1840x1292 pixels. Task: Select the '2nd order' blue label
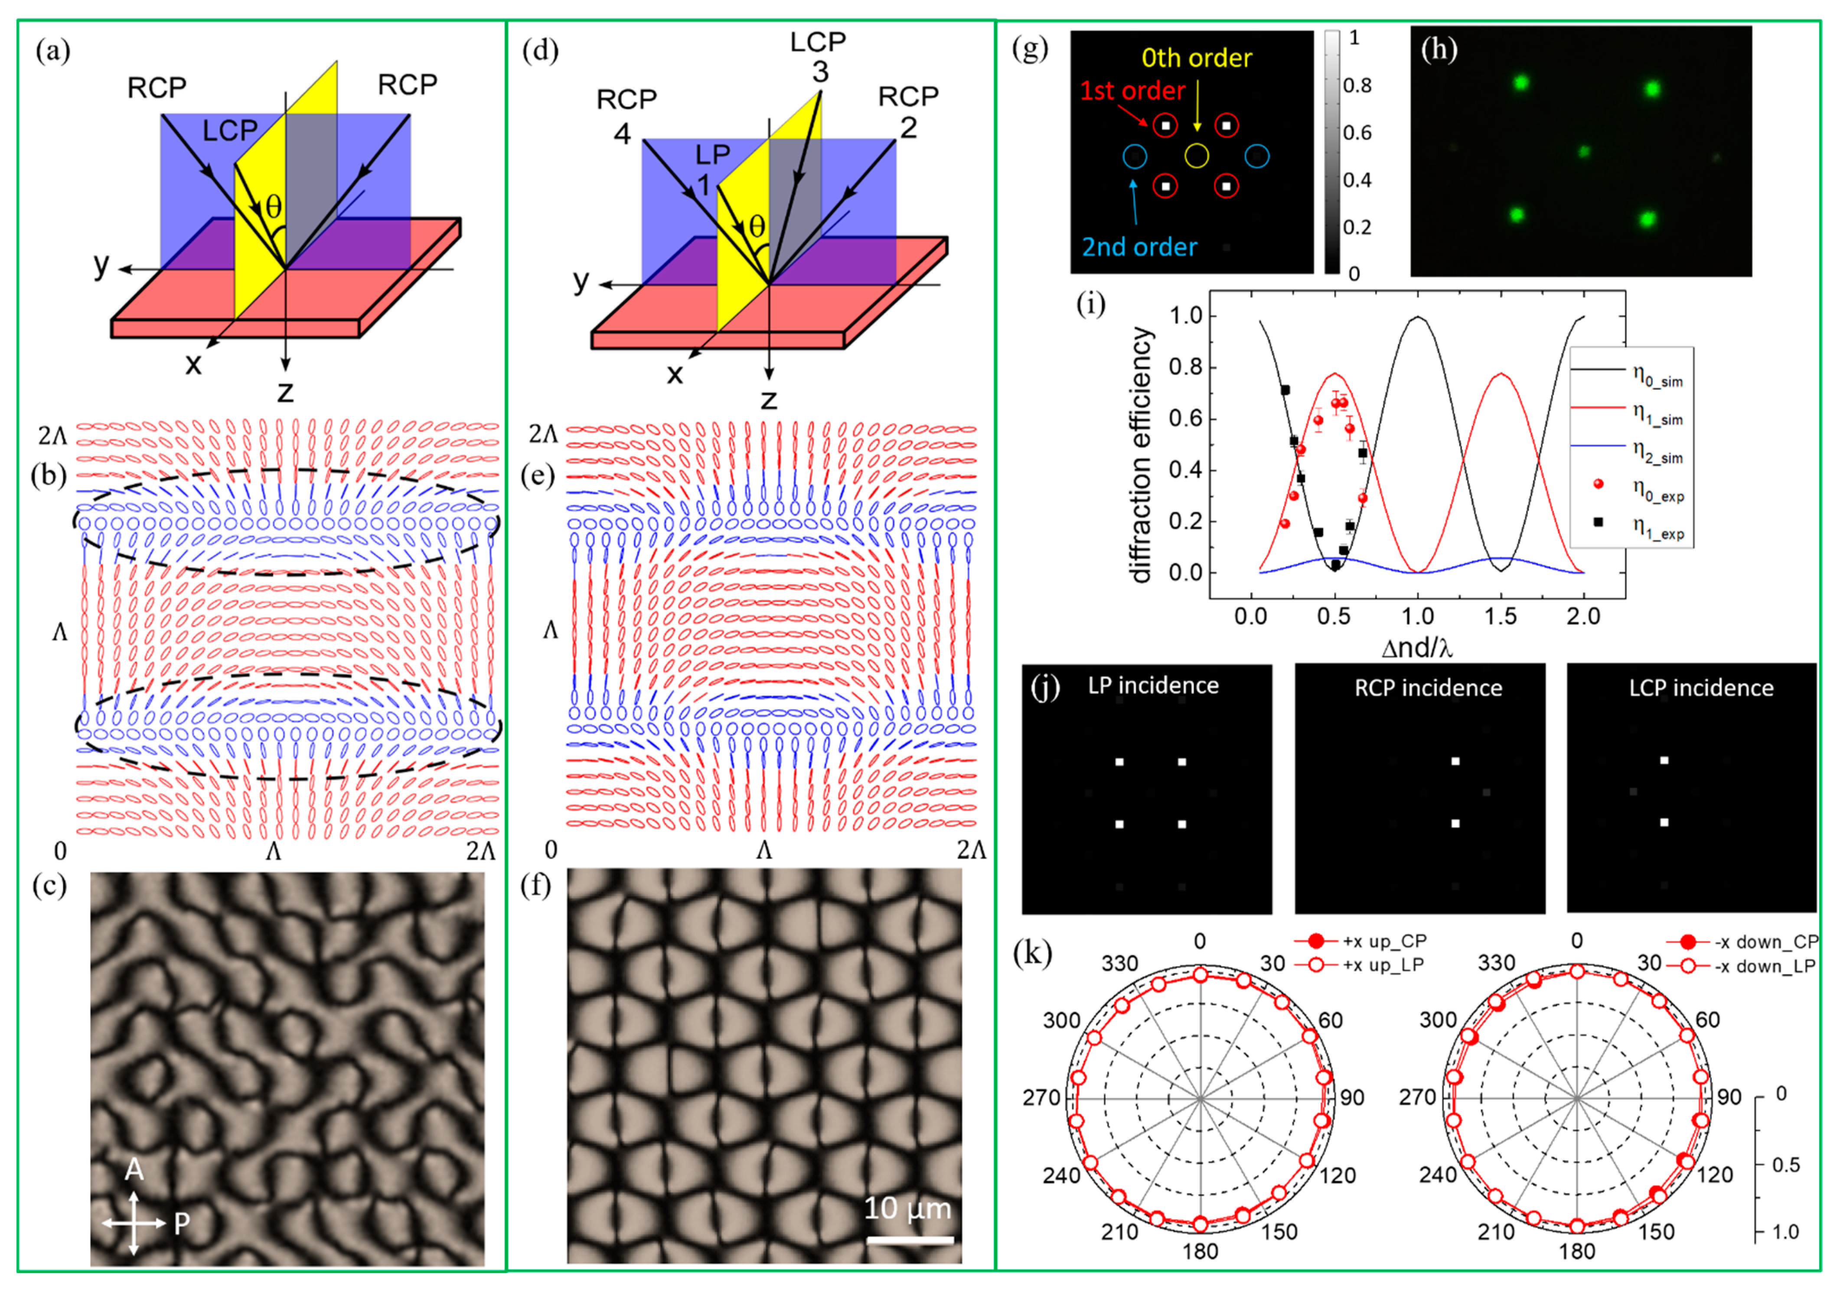(x=1139, y=247)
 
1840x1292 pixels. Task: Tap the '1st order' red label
(x=1132, y=91)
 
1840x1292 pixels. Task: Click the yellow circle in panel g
(x=1197, y=156)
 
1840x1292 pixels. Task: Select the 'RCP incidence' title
(x=1428, y=688)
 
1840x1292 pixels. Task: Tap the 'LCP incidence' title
(x=1700, y=688)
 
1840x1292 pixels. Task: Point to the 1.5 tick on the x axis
(x=1500, y=617)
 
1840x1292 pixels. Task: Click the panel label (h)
(x=1439, y=50)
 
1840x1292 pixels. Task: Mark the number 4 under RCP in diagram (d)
(x=622, y=134)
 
